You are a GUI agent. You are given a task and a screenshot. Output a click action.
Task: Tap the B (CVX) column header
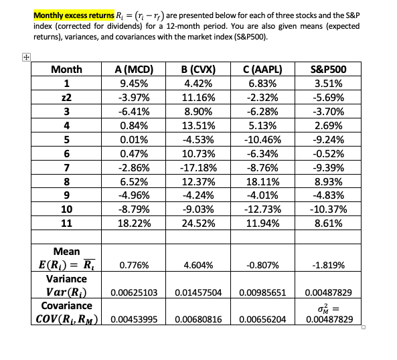197,70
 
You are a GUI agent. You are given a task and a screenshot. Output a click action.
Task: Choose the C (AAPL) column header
264,70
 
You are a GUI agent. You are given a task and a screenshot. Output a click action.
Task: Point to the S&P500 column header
329,70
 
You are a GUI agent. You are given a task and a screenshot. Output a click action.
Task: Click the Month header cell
66,70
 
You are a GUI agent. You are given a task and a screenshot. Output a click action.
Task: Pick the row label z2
66,98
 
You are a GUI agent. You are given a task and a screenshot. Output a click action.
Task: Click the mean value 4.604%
197,266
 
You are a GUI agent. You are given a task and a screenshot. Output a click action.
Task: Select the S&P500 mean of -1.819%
329,266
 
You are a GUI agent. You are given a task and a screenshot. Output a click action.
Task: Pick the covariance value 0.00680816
197,319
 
